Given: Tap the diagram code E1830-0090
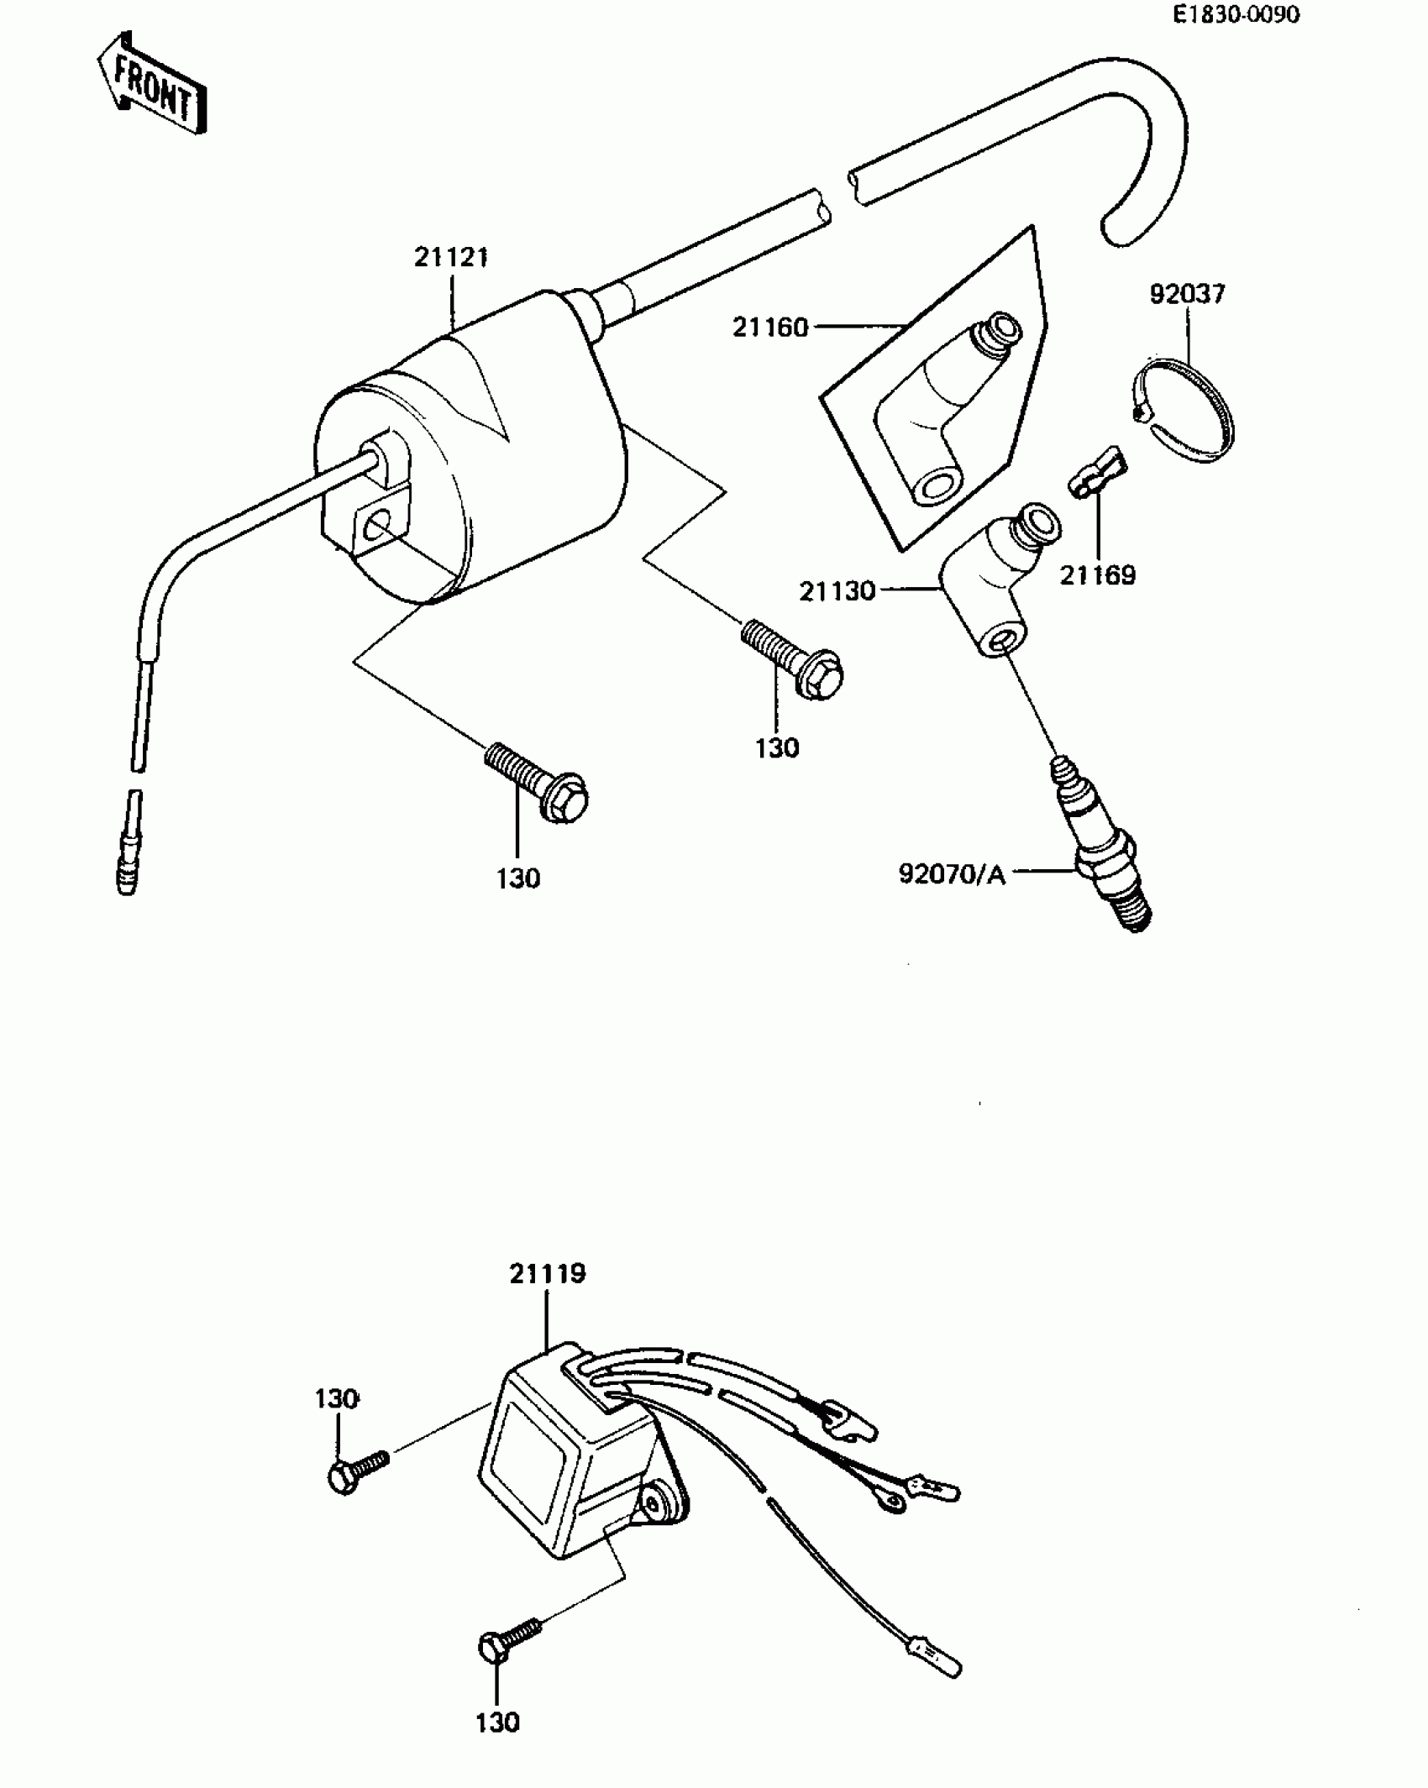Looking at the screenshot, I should click(x=1236, y=15).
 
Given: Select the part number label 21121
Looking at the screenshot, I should click(x=451, y=257).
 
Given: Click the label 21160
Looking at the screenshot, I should click(x=769, y=327).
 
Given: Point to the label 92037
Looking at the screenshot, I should click(x=1187, y=294).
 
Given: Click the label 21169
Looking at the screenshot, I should click(x=1097, y=575).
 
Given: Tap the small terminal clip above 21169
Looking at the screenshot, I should click(x=1094, y=472).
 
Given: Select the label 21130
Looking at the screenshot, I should click(x=837, y=591).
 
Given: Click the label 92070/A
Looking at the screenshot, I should click(x=952, y=874).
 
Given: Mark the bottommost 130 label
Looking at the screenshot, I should click(x=497, y=1722).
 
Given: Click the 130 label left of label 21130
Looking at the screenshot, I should click(x=776, y=747).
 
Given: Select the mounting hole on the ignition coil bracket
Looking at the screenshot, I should click(x=377, y=527).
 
